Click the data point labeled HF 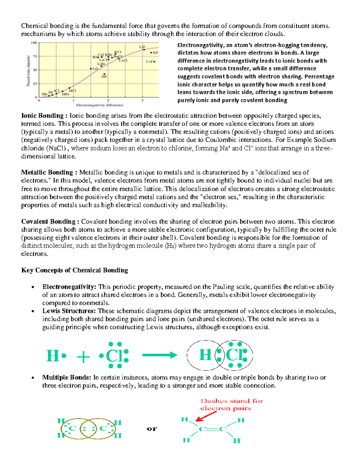(104, 74)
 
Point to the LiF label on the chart (142, 47)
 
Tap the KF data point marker (151, 53)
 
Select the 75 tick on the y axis (35, 56)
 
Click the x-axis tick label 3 (142, 101)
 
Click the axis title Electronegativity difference (100, 105)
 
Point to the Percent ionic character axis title (28, 70)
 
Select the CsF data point (154, 62)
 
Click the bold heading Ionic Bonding (42, 116)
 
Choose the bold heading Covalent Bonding (48, 221)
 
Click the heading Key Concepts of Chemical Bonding (74, 270)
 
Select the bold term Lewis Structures (69, 311)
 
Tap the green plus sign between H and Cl (83, 357)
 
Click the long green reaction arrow (160, 355)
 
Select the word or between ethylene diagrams (152, 428)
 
